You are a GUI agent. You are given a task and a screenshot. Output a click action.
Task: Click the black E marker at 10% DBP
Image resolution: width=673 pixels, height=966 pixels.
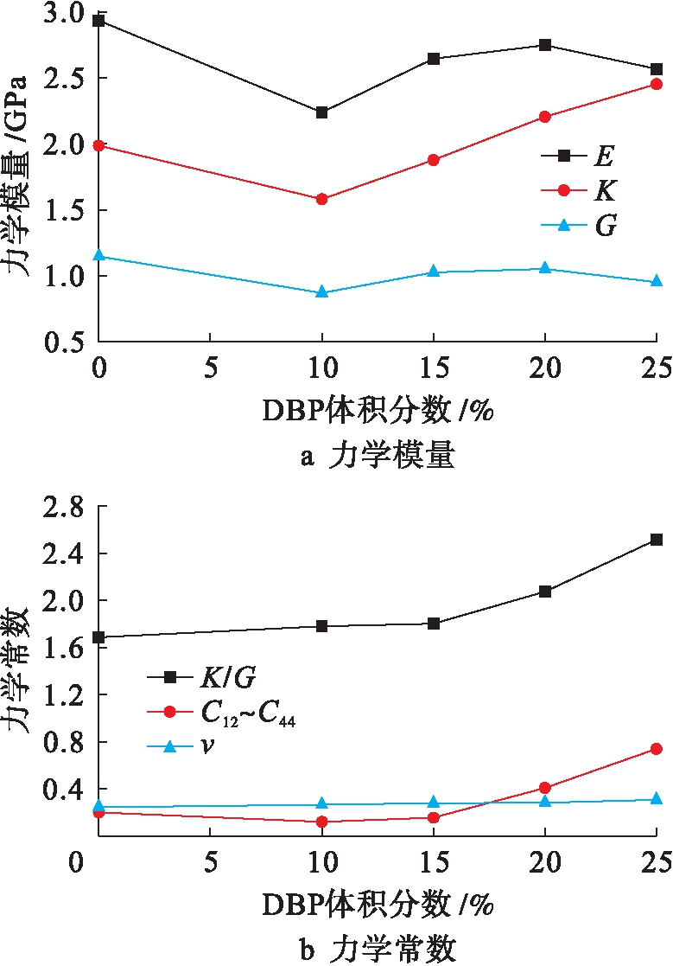click(322, 112)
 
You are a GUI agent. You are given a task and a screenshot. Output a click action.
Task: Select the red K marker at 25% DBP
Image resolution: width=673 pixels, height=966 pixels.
click(656, 84)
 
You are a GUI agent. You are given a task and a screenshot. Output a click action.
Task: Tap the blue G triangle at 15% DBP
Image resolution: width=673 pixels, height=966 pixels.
click(434, 272)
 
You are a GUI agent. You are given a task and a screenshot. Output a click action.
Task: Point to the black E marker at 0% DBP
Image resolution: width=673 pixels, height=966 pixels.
click(99, 20)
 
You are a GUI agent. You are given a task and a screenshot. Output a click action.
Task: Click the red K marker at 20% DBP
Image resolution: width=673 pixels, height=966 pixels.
click(545, 117)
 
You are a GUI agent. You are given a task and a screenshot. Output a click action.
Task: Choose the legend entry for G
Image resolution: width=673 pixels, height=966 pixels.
click(576, 227)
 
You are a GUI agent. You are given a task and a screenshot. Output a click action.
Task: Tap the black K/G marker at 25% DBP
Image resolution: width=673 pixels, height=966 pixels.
click(656, 540)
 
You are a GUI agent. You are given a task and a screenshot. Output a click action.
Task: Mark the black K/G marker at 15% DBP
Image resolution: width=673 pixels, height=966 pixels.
click(434, 624)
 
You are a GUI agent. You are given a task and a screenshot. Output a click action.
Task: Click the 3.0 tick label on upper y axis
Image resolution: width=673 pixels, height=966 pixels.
click(67, 14)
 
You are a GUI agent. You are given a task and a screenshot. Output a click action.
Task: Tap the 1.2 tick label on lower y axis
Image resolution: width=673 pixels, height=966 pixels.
click(67, 695)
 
